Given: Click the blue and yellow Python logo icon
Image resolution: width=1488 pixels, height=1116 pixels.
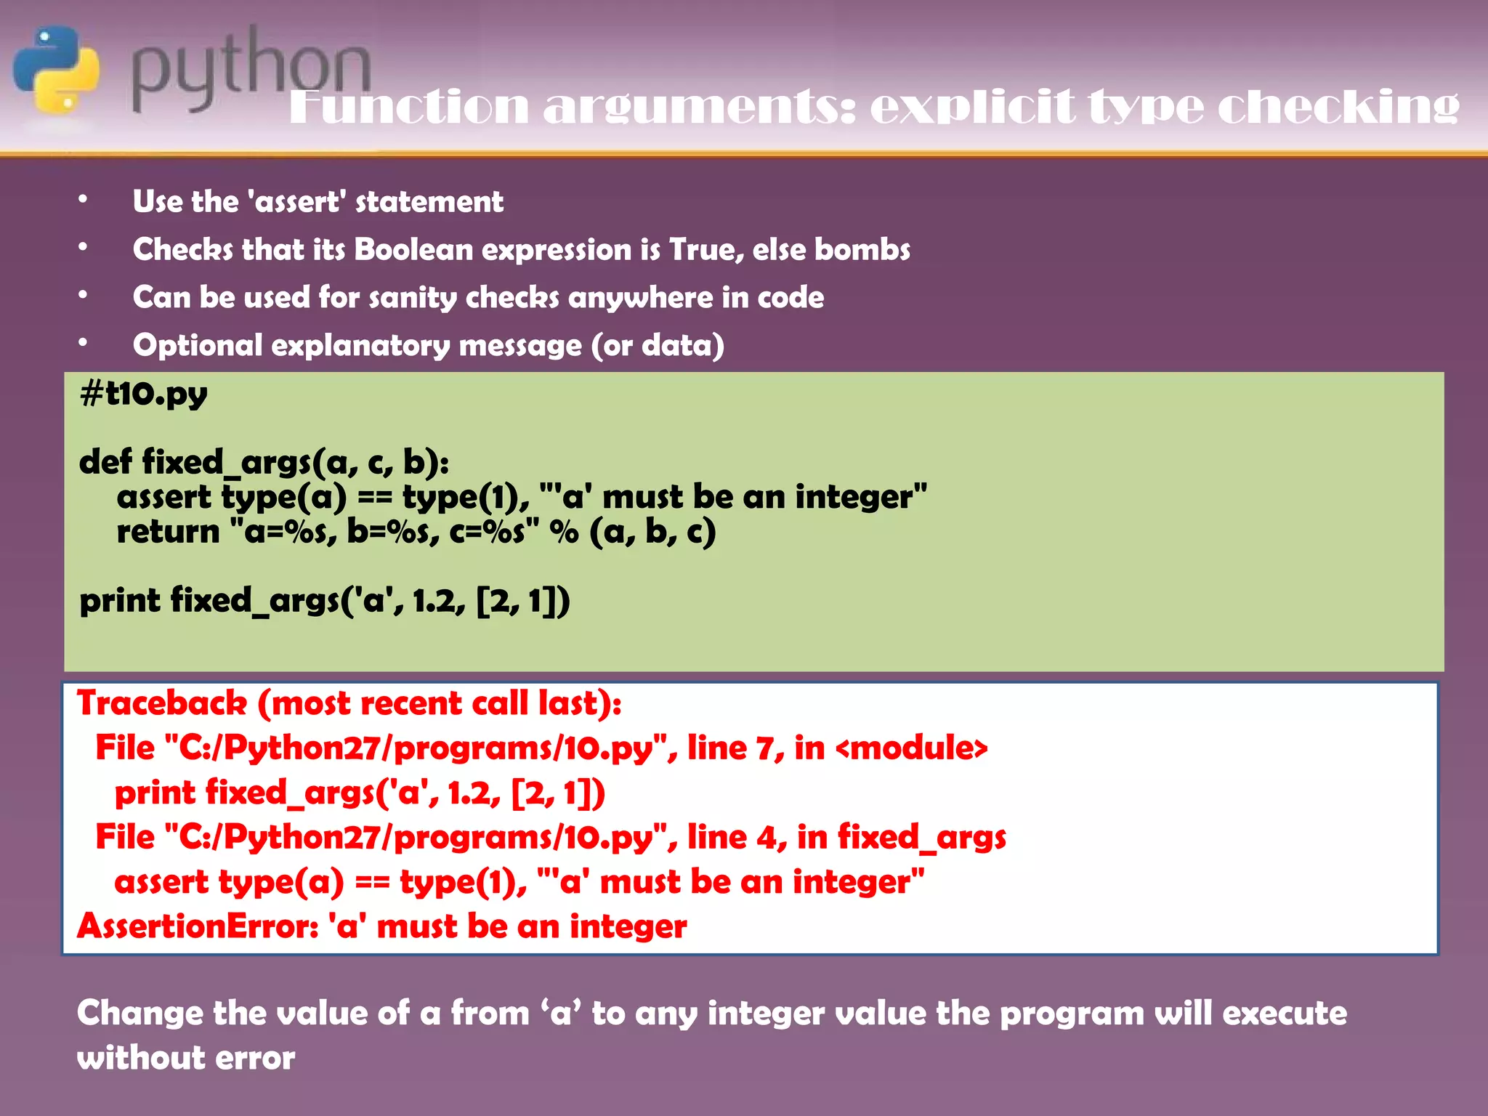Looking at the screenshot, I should (57, 70).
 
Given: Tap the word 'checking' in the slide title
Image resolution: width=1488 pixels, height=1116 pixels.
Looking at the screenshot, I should (1338, 108).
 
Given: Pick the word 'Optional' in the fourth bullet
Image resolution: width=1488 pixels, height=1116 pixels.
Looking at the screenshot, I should (198, 346).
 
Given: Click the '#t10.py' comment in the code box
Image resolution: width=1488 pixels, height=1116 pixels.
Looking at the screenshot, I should (144, 395).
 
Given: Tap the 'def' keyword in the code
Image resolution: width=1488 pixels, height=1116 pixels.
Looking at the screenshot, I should (105, 462).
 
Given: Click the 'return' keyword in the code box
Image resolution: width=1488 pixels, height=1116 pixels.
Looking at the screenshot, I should (168, 532).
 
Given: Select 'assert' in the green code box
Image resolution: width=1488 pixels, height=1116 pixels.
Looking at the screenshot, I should (164, 497).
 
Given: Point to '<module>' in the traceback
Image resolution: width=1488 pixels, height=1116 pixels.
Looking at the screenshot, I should (912, 748).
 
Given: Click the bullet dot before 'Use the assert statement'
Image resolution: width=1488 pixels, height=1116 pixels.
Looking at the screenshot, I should (84, 199).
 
